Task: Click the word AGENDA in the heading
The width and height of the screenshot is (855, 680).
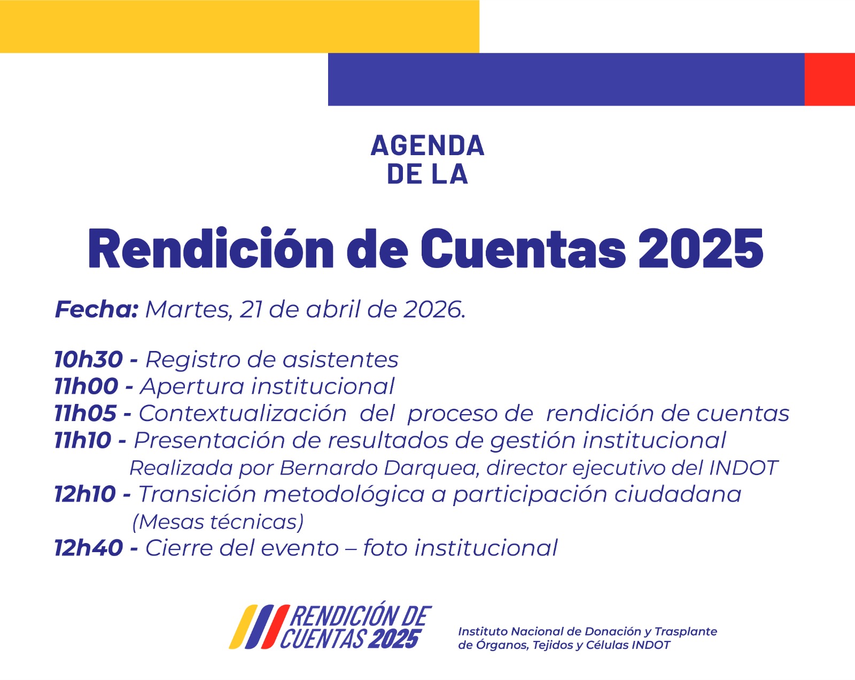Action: click(428, 145)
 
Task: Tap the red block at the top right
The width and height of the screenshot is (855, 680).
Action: click(829, 79)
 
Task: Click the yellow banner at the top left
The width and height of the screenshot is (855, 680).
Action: click(239, 26)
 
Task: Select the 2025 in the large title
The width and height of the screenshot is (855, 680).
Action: click(701, 248)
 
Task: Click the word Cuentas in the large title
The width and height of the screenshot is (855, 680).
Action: click(523, 248)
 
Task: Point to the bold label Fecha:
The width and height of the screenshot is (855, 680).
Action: click(97, 309)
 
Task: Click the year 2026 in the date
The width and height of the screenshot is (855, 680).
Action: click(432, 310)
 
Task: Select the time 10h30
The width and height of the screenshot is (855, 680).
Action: click(89, 360)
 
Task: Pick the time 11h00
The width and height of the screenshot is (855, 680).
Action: click(86, 386)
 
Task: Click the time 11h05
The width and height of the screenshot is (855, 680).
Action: click(85, 413)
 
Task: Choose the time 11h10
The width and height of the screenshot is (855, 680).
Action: click(83, 440)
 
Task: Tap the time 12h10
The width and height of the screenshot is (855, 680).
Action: click(85, 494)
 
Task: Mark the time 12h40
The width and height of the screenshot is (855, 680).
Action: click(89, 548)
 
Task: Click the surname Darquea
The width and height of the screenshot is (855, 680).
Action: click(430, 468)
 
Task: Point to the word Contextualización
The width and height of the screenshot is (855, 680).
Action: click(243, 413)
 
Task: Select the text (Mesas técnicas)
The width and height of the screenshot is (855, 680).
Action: click(218, 522)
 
